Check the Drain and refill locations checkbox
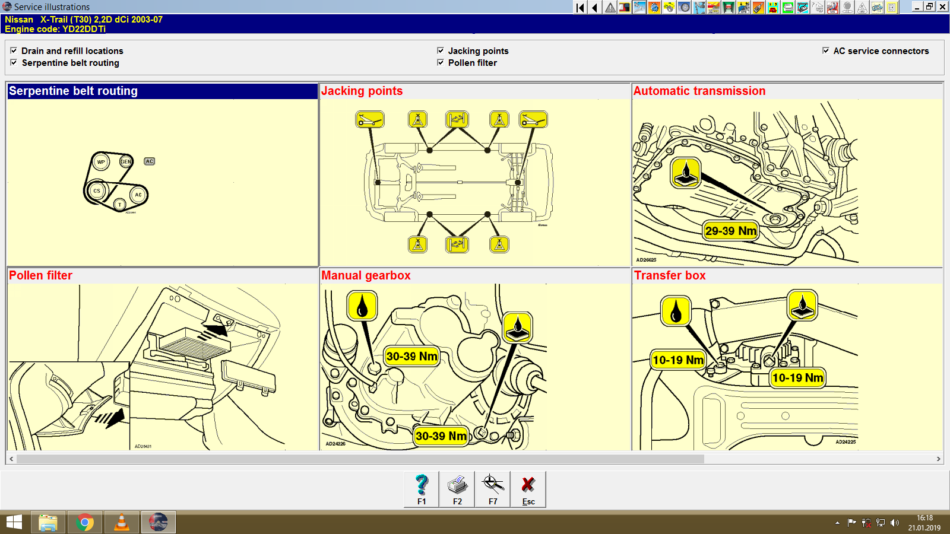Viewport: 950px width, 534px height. [14, 51]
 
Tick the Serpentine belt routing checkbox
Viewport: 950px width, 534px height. [14, 63]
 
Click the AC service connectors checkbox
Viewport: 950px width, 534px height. [825, 51]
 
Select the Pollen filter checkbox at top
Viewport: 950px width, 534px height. [441, 63]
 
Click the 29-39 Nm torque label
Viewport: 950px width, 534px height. [730, 231]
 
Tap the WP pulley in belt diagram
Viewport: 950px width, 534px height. [101, 162]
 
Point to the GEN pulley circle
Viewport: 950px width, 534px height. [125, 161]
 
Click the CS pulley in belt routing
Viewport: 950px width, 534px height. [97, 191]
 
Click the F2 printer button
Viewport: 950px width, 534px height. [457, 489]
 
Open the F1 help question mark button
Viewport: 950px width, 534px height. [422, 489]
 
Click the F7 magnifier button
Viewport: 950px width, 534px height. [493, 489]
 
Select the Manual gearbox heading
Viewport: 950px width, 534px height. [366, 275]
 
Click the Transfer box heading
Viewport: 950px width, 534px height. [670, 275]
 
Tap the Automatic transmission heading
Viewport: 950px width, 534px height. [699, 91]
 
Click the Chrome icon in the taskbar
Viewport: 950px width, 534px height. [85, 523]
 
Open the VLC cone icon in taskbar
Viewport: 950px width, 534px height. [122, 523]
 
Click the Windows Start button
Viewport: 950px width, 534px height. [14, 523]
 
